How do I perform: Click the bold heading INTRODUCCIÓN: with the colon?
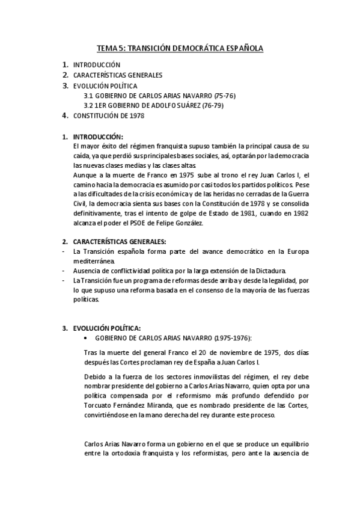pyautogui.click(x=98, y=137)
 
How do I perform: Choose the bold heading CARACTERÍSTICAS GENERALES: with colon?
pyautogui.click(x=115, y=241)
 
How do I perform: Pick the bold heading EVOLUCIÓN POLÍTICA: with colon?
pyautogui.click(x=106, y=328)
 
